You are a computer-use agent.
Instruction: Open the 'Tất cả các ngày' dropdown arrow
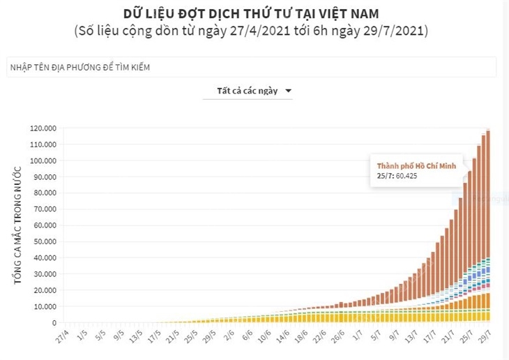tap(289, 91)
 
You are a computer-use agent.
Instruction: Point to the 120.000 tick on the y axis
tap(43, 128)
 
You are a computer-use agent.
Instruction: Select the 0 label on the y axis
tap(54, 323)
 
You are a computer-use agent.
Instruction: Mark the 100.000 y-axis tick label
tap(43, 160)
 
